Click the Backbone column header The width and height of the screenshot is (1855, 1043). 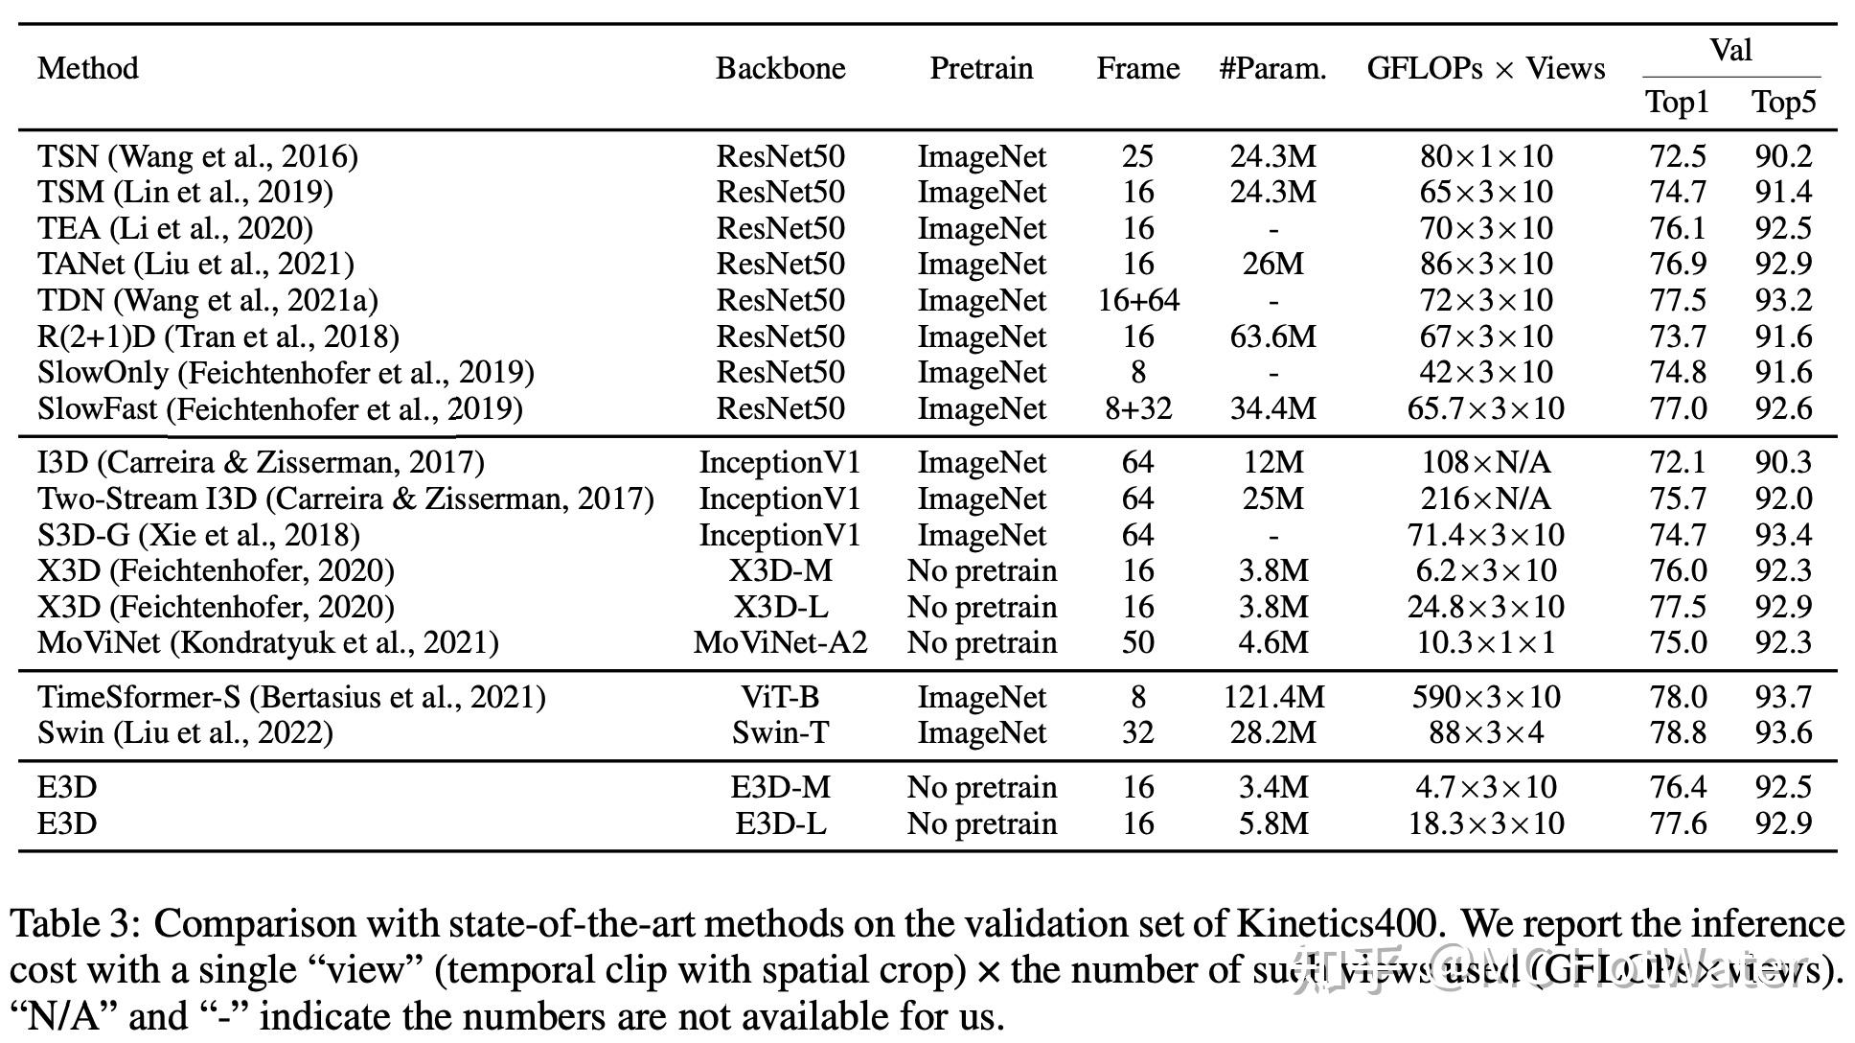pyautogui.click(x=780, y=68)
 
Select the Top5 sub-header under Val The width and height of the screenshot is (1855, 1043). pyautogui.click(x=1783, y=102)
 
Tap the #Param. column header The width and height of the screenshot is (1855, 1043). pyautogui.click(x=1272, y=68)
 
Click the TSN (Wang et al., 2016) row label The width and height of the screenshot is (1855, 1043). pyautogui.click(x=197, y=156)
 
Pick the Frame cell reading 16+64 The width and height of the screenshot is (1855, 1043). pyautogui.click(x=1138, y=300)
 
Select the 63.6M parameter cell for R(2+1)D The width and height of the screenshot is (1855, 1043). pyautogui.click(x=1272, y=336)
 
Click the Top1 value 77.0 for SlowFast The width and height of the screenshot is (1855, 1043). pyautogui.click(x=1678, y=408)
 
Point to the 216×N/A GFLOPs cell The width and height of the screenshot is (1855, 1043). pyautogui.click(x=1485, y=498)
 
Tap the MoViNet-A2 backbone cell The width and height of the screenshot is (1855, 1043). pyautogui.click(x=780, y=642)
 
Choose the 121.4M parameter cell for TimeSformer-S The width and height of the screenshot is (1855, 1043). pyautogui.click(x=1272, y=697)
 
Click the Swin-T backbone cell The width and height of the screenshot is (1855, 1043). pyautogui.click(x=780, y=732)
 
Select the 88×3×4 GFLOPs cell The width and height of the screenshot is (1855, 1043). pyautogui.click(x=1485, y=732)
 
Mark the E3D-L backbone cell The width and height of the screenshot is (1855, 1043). pyautogui.click(x=780, y=823)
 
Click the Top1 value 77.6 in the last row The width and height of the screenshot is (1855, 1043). pyautogui.click(x=1678, y=823)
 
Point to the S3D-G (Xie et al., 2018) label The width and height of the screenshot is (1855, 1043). pyautogui.click(x=198, y=535)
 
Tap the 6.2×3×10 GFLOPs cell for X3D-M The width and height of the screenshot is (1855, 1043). pyautogui.click(x=1485, y=570)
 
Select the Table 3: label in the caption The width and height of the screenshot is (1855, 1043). pyautogui.click(x=76, y=924)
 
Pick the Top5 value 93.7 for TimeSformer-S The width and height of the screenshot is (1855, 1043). pyautogui.click(x=1783, y=697)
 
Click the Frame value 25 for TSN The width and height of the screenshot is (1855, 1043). pyautogui.click(x=1138, y=156)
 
